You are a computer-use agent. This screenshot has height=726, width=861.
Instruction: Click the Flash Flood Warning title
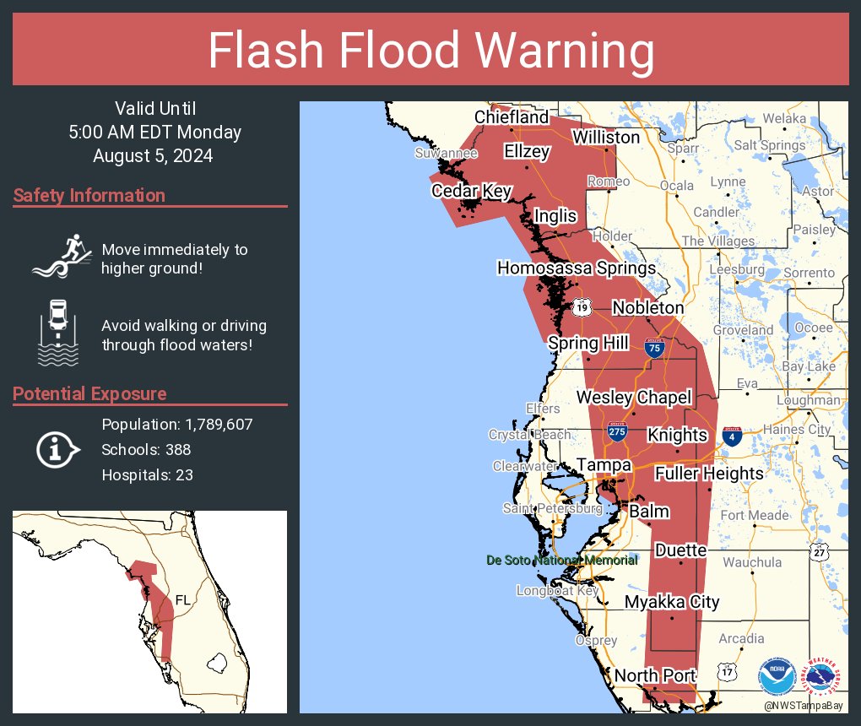pos(430,51)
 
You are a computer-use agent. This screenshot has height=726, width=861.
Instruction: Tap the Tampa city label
pos(604,465)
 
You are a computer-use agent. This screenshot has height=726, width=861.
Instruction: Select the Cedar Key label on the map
pos(471,192)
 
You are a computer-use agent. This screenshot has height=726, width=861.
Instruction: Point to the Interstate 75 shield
pos(653,347)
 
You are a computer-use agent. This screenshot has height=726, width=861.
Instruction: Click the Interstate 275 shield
pos(616,431)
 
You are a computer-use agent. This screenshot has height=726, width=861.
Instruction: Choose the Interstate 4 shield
pos(732,436)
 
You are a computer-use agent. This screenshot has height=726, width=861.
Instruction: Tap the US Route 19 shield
pos(582,307)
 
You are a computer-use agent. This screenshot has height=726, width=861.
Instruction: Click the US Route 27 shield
pos(820,550)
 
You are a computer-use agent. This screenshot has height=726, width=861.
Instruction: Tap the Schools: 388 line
pos(146,449)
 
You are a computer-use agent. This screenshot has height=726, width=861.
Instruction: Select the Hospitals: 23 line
pos(148,474)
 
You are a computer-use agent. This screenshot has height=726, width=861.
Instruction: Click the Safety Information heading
pos(89,196)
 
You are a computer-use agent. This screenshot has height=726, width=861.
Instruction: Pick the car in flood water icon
pos(58,333)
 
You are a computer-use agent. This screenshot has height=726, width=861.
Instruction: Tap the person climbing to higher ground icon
pos(61,255)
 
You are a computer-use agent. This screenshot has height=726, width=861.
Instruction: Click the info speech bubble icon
pos(57,451)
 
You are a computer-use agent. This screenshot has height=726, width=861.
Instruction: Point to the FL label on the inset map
pos(183,600)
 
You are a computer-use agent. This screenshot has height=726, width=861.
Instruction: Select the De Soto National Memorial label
pos(561,560)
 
